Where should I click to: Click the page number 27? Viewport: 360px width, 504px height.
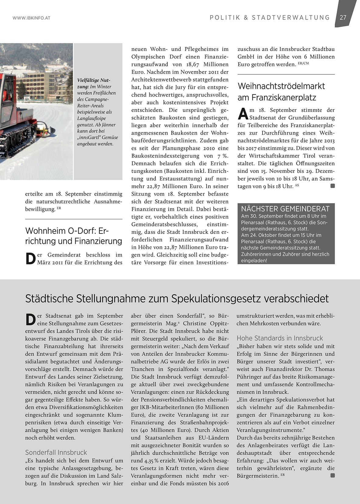click(343, 17)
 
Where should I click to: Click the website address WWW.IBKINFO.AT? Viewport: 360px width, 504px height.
click(31, 18)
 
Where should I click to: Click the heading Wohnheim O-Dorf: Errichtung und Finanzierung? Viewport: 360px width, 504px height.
click(73, 236)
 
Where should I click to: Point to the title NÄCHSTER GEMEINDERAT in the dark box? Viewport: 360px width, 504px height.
click(285, 209)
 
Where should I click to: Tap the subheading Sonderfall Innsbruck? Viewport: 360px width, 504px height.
click(56, 452)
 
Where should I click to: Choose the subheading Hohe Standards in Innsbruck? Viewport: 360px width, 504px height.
click(280, 338)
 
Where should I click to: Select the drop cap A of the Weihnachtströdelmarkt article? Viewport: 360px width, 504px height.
click(243, 114)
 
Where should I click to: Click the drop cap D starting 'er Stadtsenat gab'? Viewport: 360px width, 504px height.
click(30, 319)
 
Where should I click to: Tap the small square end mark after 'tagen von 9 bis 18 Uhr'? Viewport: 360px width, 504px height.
click(333, 186)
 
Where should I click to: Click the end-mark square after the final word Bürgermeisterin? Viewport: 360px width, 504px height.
click(333, 475)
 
